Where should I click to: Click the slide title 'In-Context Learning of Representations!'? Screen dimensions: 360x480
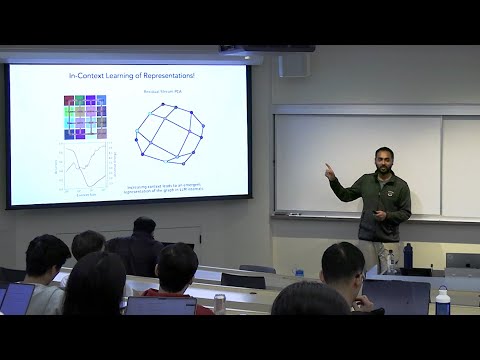130,75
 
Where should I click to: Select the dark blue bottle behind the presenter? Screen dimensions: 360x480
408,255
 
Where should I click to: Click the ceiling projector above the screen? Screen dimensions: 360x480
266,48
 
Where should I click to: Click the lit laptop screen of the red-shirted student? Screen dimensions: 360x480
161,305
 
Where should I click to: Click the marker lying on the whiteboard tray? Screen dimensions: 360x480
295,214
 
